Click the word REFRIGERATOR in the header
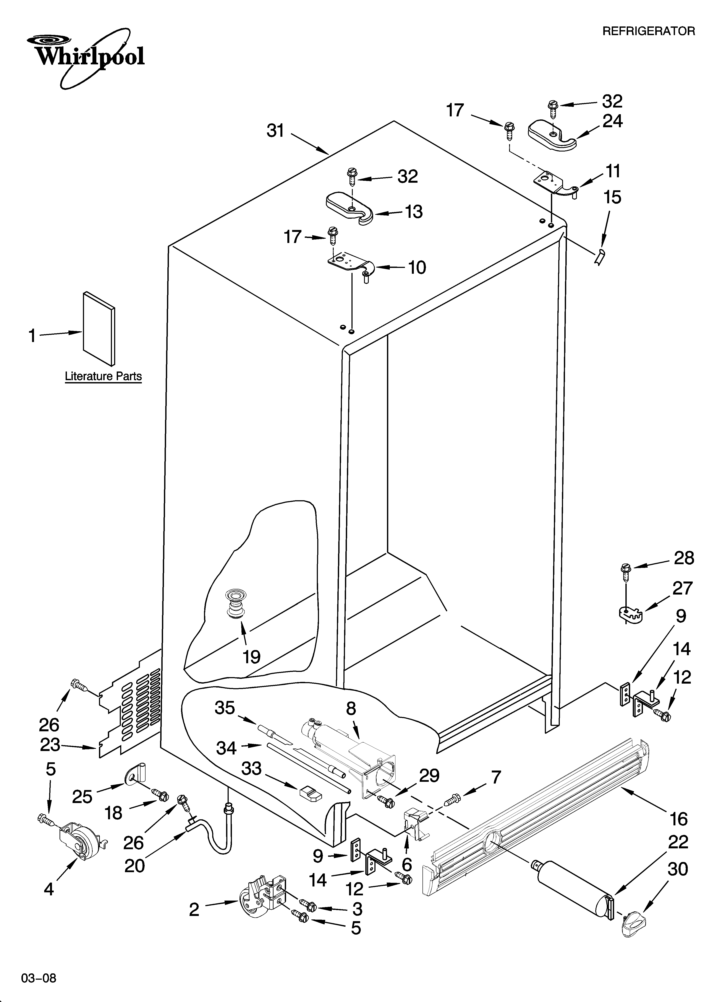tap(648, 31)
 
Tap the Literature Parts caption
tap(103, 376)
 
